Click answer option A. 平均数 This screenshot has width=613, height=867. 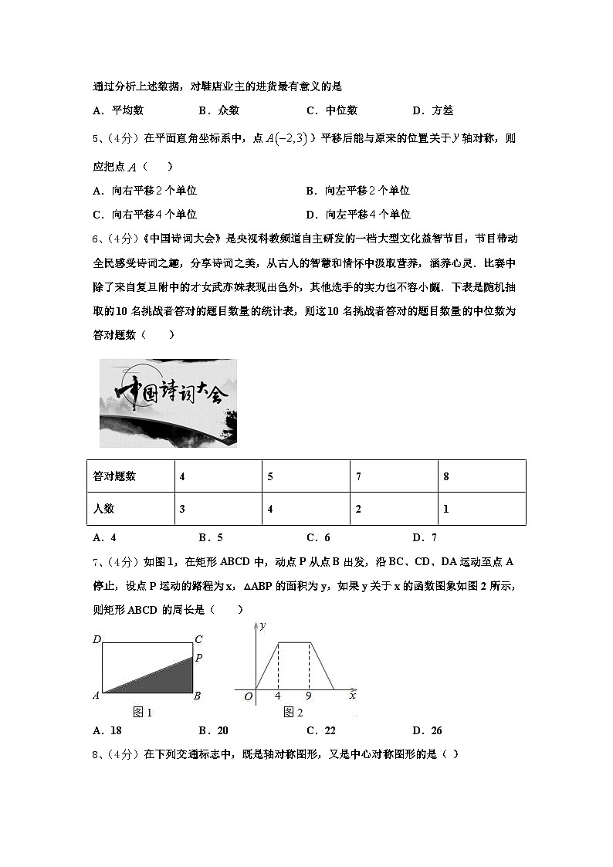pyautogui.click(x=118, y=110)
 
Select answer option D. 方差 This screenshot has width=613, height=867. pyautogui.click(x=432, y=110)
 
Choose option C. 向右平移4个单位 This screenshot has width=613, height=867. pyautogui.click(x=145, y=215)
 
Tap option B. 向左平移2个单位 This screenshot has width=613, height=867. pyautogui.click(x=357, y=191)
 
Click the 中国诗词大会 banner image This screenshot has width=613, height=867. pyautogui.click(x=168, y=403)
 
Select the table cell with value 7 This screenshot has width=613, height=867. pyautogui.click(x=393, y=476)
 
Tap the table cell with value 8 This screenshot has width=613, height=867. pyautogui.click(x=481, y=476)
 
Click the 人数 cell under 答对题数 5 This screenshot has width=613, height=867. pyautogui.click(x=305, y=510)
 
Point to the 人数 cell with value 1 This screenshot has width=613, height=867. pyautogui.click(x=481, y=510)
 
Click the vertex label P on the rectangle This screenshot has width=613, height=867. pyautogui.click(x=198, y=658)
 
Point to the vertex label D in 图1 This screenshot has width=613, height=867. pyautogui.click(x=97, y=639)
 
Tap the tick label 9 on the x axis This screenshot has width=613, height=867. pyautogui.click(x=308, y=696)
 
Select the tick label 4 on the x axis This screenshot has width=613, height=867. pyautogui.click(x=277, y=696)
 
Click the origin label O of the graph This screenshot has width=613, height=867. pyautogui.click(x=249, y=697)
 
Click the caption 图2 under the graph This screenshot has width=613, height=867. pyautogui.click(x=293, y=713)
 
